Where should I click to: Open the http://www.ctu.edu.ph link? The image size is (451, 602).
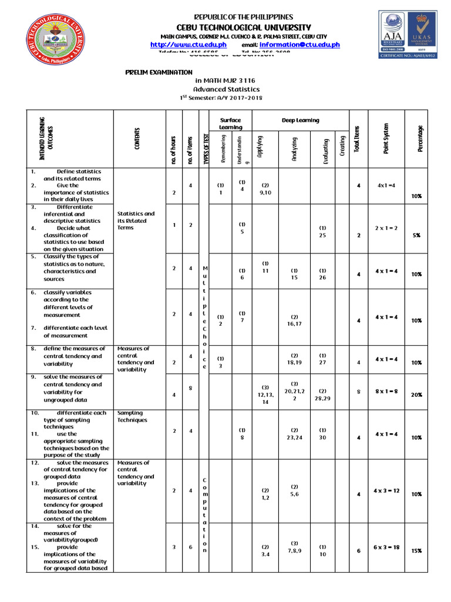(x=189, y=45)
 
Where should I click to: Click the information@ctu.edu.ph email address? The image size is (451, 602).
(x=299, y=45)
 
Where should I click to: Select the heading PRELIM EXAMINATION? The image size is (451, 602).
(x=159, y=72)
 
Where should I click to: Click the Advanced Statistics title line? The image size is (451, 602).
(x=225, y=89)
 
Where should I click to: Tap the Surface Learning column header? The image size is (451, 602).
(x=230, y=123)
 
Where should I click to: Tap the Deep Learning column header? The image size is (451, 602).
(x=300, y=121)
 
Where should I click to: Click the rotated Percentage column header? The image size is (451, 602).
(x=420, y=139)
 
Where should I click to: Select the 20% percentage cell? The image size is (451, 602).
(x=416, y=395)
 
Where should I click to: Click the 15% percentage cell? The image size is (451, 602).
(x=416, y=551)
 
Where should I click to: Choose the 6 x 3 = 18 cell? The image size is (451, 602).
(x=386, y=547)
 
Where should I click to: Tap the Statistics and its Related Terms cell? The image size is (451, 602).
(x=136, y=220)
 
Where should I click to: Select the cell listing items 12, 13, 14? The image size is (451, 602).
(x=265, y=395)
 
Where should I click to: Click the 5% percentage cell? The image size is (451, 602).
(x=416, y=235)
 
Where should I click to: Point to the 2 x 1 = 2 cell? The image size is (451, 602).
(x=386, y=228)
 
